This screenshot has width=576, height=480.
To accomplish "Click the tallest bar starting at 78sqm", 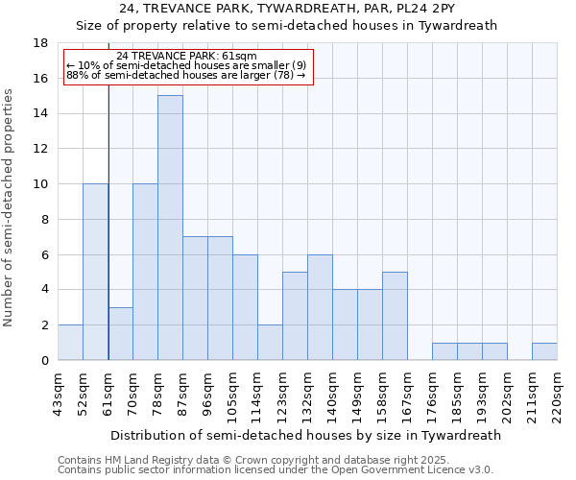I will pyautogui.click(x=170, y=228).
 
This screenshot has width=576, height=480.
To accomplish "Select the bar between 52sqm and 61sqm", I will pyautogui.click(x=95, y=272).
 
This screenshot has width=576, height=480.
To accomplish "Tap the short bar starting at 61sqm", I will pyautogui.click(x=120, y=333).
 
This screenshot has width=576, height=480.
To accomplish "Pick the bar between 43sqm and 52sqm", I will pyautogui.click(x=70, y=343).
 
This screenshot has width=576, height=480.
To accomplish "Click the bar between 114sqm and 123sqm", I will pyautogui.click(x=270, y=343).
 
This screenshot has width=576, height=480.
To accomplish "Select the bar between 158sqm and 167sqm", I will pyautogui.click(x=395, y=316).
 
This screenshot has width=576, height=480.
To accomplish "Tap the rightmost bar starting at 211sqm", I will pyautogui.click(x=544, y=351).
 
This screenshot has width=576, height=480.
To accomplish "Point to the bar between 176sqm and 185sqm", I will pyautogui.click(x=444, y=351).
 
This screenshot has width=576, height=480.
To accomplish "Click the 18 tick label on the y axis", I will pyautogui.click(x=41, y=43).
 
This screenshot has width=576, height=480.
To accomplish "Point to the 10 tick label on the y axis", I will pyautogui.click(x=41, y=184).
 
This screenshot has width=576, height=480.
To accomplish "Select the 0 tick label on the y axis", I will pyautogui.click(x=45, y=361).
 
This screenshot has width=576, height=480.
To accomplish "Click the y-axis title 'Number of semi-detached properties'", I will pyautogui.click(x=9, y=207).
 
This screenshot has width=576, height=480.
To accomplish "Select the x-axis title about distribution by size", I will pyautogui.click(x=306, y=435).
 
